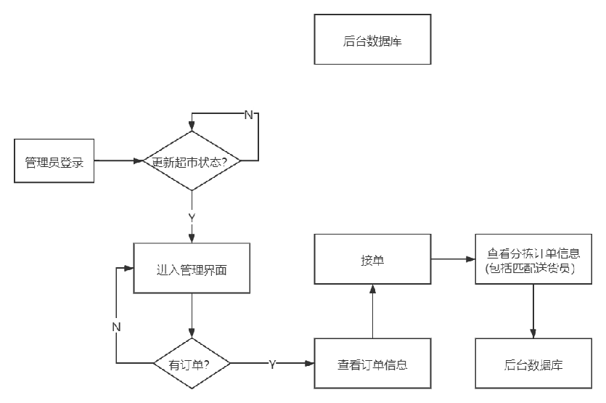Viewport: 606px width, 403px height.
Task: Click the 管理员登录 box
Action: pos(54,160)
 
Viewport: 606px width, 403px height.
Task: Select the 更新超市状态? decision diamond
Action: pos(191,160)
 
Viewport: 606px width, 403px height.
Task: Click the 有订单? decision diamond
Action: pos(191,363)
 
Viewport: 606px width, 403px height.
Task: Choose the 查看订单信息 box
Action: pos(372,363)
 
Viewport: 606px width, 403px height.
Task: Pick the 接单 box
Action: pos(372,259)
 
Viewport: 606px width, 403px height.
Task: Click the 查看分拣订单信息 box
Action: pos(533,259)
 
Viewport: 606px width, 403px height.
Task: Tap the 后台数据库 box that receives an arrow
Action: pos(533,363)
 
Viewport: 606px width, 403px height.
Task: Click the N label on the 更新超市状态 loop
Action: pos(247,115)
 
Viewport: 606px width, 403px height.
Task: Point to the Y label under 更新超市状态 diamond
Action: pos(192,216)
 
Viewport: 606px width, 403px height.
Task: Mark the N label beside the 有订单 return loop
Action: pos(116,326)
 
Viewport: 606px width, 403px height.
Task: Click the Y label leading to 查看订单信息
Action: pos(272,363)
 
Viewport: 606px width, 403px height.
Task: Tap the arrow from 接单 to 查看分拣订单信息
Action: pos(453,259)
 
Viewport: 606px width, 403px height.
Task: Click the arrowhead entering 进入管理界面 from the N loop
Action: pos(129,267)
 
